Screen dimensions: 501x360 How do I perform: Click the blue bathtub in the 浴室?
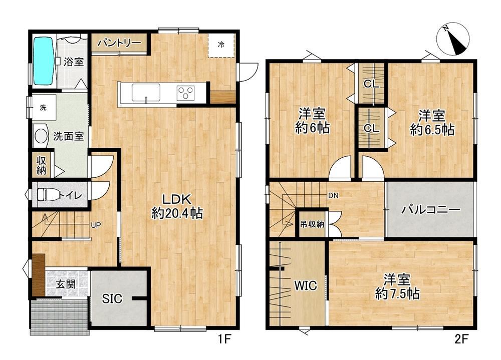[43, 61]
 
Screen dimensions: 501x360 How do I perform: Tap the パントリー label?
[119, 43]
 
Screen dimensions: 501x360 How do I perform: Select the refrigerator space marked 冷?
[221, 45]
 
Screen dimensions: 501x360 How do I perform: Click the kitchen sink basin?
[146, 93]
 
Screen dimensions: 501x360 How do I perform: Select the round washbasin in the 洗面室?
[41, 136]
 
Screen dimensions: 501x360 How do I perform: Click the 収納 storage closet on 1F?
[42, 165]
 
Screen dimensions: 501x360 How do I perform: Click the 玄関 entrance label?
[66, 284]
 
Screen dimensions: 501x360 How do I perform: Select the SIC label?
[112, 298]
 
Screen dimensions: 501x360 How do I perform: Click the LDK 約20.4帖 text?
[177, 206]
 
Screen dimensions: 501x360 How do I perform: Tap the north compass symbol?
[454, 39]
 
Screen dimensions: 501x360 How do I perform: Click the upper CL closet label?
[371, 84]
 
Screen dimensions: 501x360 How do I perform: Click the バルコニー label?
[431, 210]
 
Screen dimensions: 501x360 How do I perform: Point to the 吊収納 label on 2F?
[312, 224]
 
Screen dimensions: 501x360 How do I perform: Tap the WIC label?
[306, 285]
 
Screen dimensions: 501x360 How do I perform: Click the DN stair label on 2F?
[333, 195]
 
